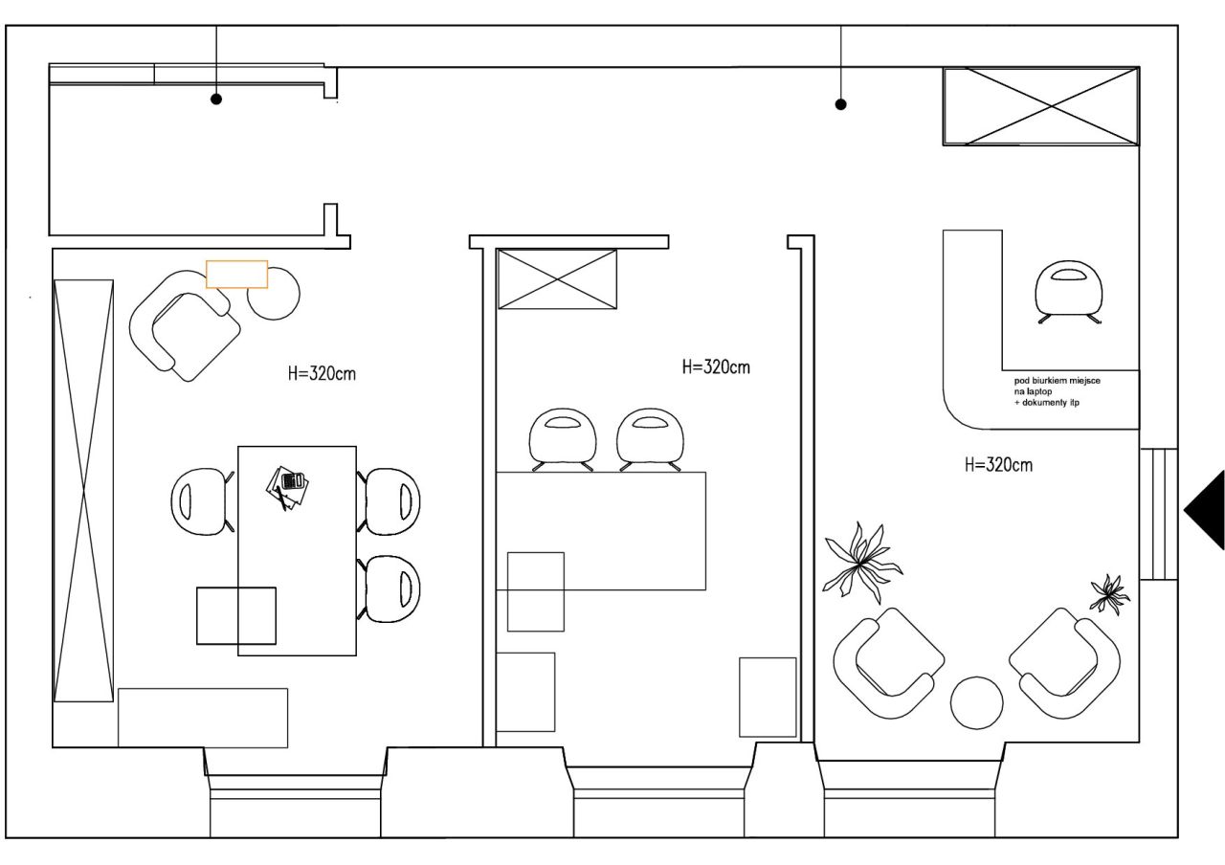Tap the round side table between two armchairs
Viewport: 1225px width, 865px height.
click(977, 702)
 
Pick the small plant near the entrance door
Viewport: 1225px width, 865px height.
click(1109, 594)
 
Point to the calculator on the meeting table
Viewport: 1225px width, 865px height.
click(292, 480)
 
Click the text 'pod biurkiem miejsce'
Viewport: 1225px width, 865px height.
click(1058, 380)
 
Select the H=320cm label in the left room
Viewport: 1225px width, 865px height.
click(322, 373)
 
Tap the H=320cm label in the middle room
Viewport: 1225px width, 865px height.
click(716, 366)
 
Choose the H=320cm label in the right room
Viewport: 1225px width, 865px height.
click(998, 465)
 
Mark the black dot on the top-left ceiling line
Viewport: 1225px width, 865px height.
click(216, 99)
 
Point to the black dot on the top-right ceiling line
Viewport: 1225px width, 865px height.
click(841, 104)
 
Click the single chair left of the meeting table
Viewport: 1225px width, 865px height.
click(202, 500)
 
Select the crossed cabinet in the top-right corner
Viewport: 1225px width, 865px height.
click(1041, 106)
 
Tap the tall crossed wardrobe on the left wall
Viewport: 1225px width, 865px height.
click(83, 491)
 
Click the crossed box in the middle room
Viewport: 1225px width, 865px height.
click(557, 278)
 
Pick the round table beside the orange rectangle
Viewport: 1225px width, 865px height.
click(274, 294)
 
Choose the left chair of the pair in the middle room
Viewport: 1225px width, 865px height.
click(562, 438)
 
